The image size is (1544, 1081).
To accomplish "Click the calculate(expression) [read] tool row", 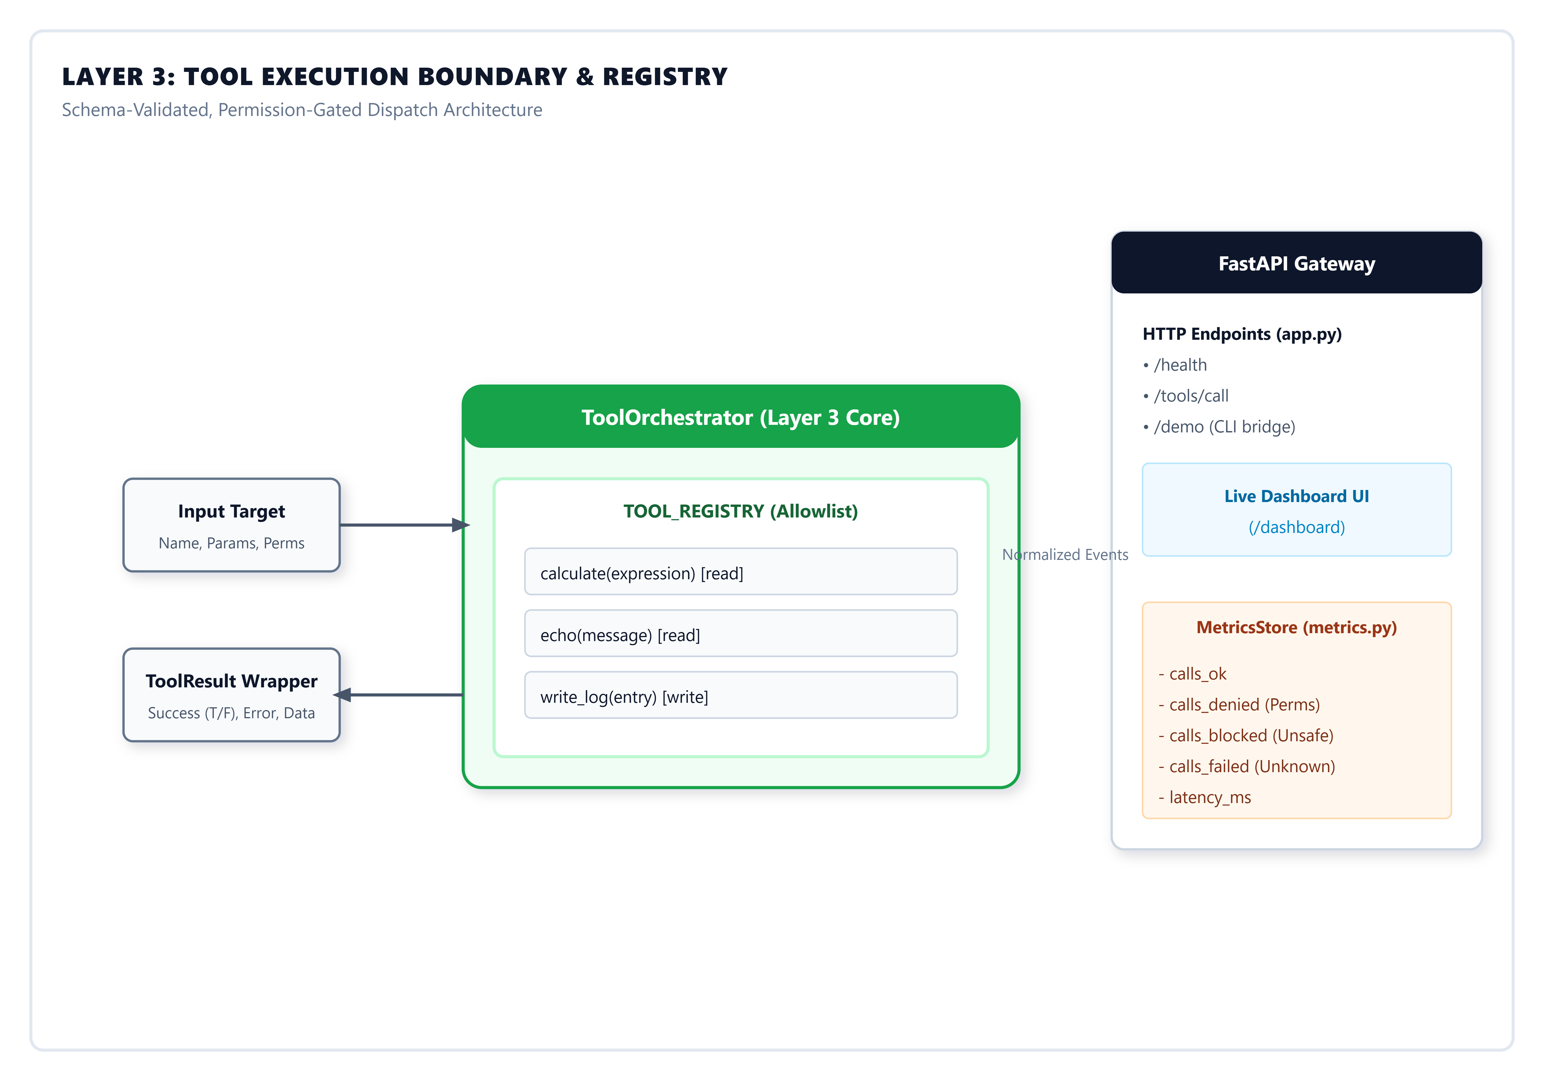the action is click(x=740, y=572).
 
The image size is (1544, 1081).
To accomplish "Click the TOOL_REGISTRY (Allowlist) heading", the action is click(x=740, y=511).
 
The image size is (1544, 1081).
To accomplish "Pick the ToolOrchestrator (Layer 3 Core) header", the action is click(x=740, y=417).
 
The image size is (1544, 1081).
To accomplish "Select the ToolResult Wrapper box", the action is click(x=231, y=695).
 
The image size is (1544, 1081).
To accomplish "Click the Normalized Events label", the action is click(x=1065, y=555).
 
